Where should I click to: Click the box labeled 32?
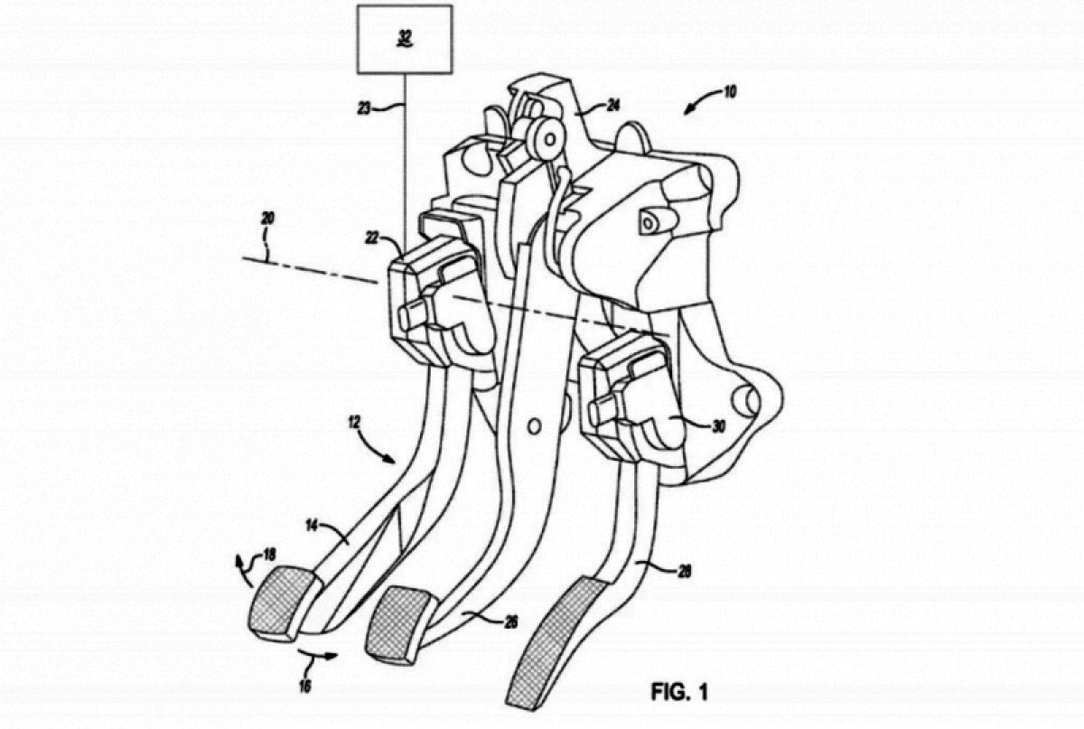click(405, 39)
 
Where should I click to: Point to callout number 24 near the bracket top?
click(612, 105)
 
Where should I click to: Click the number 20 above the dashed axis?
click(267, 219)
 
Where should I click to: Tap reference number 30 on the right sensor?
click(718, 426)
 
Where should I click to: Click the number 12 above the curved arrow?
click(355, 423)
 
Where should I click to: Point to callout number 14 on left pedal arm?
click(312, 525)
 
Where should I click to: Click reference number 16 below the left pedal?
click(305, 686)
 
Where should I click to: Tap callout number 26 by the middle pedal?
click(510, 622)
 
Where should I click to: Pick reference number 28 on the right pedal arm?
click(684, 572)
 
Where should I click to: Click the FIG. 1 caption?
click(679, 692)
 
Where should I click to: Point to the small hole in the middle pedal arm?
click(533, 426)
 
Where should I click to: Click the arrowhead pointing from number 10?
click(688, 111)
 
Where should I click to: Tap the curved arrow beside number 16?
click(318, 655)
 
